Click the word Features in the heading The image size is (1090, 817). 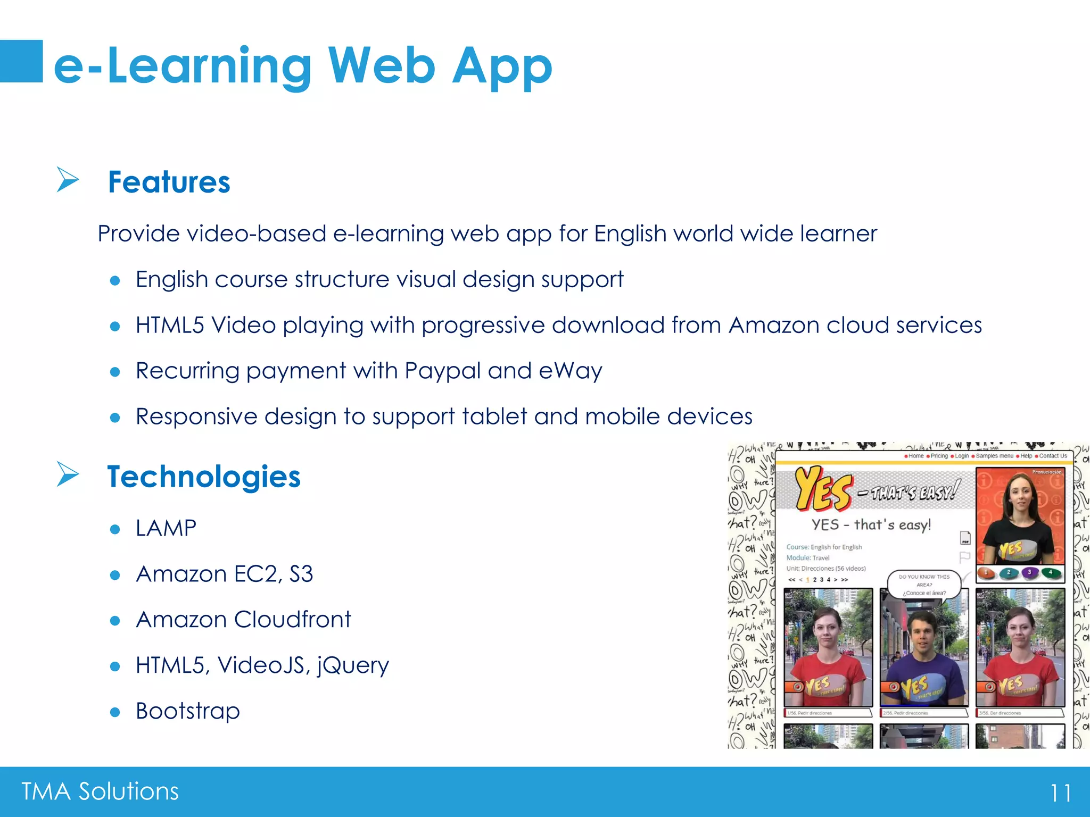tap(169, 182)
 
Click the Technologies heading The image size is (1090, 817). tap(204, 477)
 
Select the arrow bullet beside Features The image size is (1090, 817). tap(68, 179)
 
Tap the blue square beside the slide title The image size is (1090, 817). tap(21, 61)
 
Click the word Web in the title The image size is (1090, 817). tap(382, 66)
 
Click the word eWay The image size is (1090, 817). tap(570, 371)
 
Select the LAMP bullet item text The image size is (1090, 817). tap(166, 528)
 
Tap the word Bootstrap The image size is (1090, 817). tap(188, 711)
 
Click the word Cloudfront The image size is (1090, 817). tap(292, 620)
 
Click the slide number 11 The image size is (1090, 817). tap(1060, 793)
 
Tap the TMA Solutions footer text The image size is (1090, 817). tap(100, 791)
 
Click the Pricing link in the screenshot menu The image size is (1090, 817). tap(939, 456)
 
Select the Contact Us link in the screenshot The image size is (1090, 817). tap(1053, 456)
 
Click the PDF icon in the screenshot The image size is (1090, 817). tap(965, 538)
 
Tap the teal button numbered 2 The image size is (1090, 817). tap(1008, 573)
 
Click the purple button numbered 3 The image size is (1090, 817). tap(1029, 573)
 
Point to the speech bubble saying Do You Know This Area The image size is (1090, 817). tap(924, 585)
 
